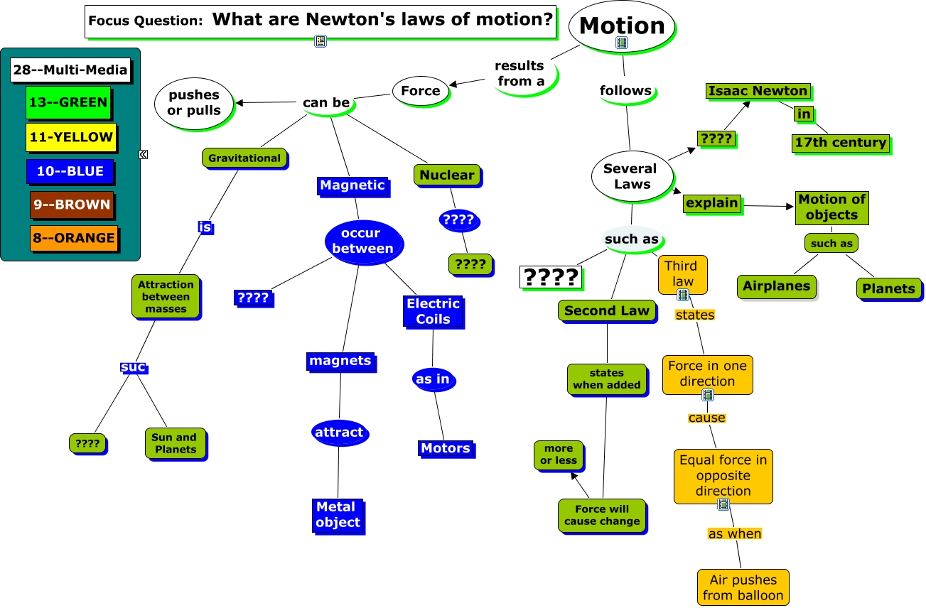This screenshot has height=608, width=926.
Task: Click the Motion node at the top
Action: [622, 26]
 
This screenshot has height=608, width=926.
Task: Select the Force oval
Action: [421, 91]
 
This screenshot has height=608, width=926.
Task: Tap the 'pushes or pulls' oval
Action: [193, 103]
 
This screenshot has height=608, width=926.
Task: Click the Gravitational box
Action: [244, 158]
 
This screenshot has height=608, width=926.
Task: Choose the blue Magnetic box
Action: [352, 185]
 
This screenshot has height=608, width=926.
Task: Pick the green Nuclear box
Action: [446, 175]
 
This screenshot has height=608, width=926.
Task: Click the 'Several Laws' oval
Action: [630, 176]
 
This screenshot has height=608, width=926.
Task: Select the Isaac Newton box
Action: [758, 91]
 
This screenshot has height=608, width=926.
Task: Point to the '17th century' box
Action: [840, 143]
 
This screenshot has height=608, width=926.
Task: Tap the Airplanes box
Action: [776, 286]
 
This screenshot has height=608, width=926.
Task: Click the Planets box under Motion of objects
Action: [888, 288]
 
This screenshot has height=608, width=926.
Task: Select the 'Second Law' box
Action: [607, 310]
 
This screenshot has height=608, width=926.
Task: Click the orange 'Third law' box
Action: [682, 274]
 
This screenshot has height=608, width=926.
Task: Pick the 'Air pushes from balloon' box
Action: [743, 587]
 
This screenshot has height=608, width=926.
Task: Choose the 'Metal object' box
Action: [338, 515]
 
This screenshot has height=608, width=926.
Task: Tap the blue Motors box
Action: [445, 448]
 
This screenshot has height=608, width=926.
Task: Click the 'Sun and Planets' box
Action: [174, 443]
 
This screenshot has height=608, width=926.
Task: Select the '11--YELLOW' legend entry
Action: [70, 137]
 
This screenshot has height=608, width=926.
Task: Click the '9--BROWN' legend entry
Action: [71, 205]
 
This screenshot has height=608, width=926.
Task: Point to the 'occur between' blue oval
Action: [362, 241]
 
